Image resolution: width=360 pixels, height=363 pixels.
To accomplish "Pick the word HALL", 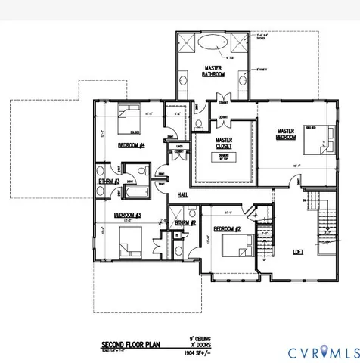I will tap(182, 194).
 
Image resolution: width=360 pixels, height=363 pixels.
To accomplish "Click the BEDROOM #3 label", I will tap(129, 215).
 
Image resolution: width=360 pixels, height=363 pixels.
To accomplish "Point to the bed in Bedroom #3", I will tap(129, 244).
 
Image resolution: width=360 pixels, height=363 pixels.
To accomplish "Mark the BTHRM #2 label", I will tap(185, 223).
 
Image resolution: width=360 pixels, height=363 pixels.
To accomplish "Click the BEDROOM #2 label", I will tap(227, 228).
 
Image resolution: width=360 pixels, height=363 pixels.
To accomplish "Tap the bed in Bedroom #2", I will tap(236, 246).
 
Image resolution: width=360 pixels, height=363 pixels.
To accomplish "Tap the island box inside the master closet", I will tap(223, 157).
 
